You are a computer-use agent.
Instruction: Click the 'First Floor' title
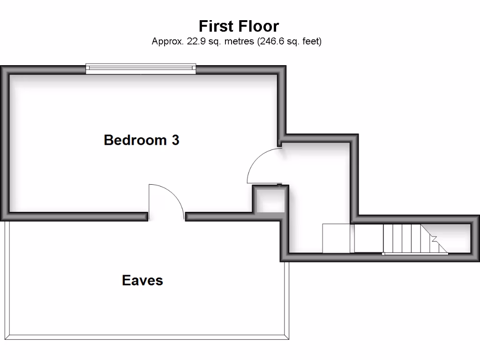239,26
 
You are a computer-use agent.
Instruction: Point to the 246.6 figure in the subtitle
271,41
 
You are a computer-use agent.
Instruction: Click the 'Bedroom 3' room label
141,140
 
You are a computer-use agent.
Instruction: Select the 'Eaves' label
142,280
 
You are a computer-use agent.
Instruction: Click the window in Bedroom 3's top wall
141,69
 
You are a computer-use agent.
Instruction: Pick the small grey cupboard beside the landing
269,200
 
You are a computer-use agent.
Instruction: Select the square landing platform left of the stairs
337,238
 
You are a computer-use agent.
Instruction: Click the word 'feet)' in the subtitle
311,41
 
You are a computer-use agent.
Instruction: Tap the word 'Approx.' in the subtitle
165,41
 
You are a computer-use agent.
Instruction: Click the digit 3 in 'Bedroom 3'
175,140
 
